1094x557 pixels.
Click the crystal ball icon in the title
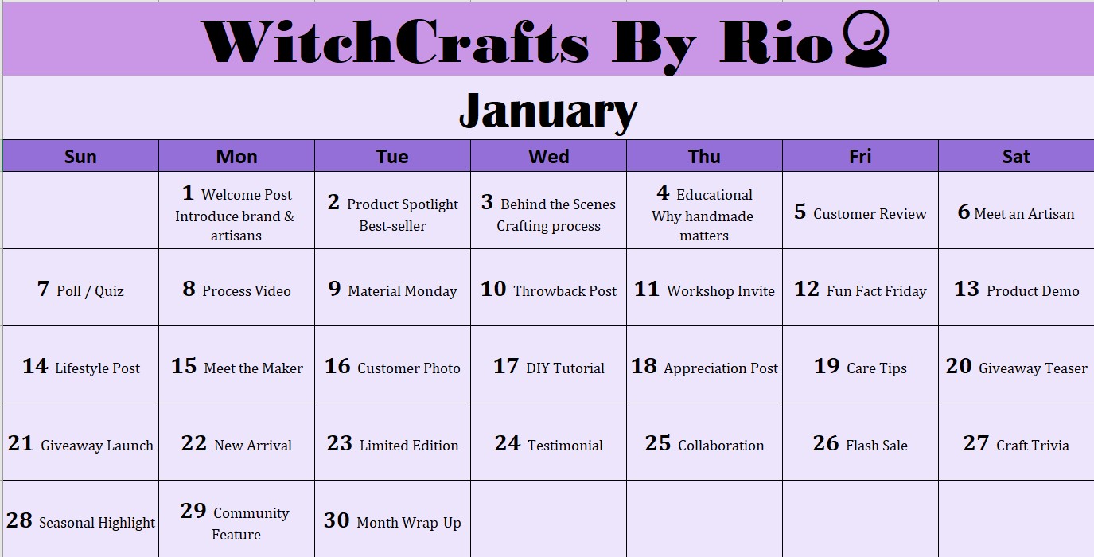click(x=866, y=38)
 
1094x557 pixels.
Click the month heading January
click(x=548, y=111)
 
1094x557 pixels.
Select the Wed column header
click(x=548, y=156)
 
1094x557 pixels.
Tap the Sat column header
click(x=1016, y=156)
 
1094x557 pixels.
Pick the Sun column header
click(x=80, y=156)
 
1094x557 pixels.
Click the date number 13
click(x=967, y=289)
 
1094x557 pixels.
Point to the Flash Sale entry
click(x=876, y=446)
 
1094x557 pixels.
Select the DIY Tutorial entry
click(x=565, y=368)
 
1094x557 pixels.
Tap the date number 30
click(x=337, y=520)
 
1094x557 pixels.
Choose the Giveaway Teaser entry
click(x=1033, y=368)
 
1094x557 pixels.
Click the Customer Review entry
click(x=870, y=214)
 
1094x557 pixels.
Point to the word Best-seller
click(x=393, y=226)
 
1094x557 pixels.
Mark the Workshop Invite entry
click(x=721, y=291)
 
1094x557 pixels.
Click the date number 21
click(x=20, y=443)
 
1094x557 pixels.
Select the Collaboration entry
click(x=721, y=446)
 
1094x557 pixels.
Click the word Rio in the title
click(x=777, y=42)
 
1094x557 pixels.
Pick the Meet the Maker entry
click(x=253, y=368)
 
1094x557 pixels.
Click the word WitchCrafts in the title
click(x=395, y=42)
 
